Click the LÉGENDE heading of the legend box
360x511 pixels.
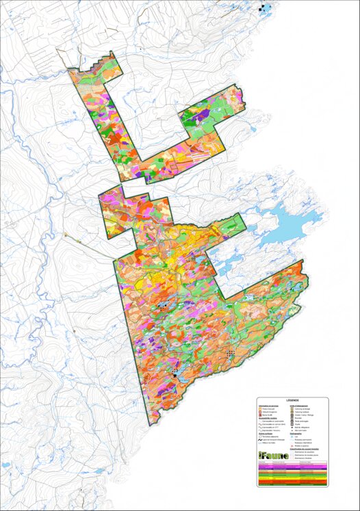tap(292, 400)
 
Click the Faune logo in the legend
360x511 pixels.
tap(274, 456)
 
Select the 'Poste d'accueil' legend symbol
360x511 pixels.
tap(260, 409)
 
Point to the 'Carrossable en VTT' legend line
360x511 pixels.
tap(268, 428)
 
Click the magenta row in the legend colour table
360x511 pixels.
tap(292, 467)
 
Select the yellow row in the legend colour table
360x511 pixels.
tap(292, 478)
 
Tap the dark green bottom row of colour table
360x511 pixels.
tap(292, 484)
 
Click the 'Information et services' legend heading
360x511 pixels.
tap(268, 406)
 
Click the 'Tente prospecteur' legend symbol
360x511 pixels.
tap(292, 421)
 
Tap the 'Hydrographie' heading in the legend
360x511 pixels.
tap(296, 434)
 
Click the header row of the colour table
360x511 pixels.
tap(292, 462)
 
